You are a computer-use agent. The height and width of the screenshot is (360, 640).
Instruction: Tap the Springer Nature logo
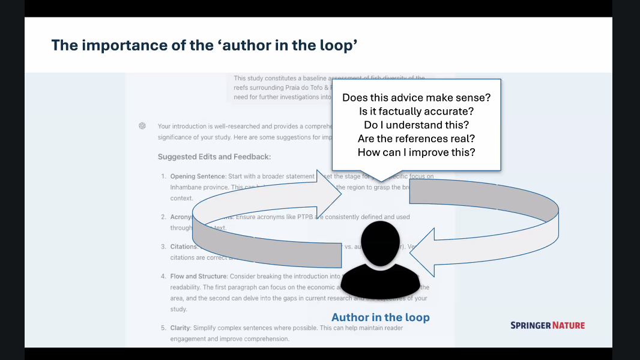pyautogui.click(x=547, y=325)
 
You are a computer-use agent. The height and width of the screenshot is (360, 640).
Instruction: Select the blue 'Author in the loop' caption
pyautogui.click(x=381, y=317)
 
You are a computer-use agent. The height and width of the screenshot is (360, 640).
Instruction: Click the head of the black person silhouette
pyautogui.click(x=381, y=242)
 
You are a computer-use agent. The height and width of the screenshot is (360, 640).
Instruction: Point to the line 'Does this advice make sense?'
pyautogui.click(x=416, y=97)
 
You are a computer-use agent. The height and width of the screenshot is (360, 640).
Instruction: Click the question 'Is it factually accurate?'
pyautogui.click(x=416, y=111)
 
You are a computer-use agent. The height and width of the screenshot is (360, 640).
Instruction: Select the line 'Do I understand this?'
pyautogui.click(x=416, y=125)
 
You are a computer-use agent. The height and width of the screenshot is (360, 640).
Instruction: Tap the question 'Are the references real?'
pyautogui.click(x=416, y=139)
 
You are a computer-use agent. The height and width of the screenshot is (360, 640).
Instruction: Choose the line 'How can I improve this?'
pyautogui.click(x=416, y=152)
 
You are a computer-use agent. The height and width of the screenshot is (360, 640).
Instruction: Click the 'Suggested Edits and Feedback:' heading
pyautogui.click(x=214, y=157)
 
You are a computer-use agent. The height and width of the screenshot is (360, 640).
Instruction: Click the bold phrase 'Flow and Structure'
pyautogui.click(x=198, y=277)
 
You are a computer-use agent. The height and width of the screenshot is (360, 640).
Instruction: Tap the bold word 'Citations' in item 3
pyautogui.click(x=184, y=247)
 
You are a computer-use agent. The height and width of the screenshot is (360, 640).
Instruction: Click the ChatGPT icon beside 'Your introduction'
pyautogui.click(x=142, y=126)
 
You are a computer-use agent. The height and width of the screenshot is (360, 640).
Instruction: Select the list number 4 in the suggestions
pyautogui.click(x=163, y=277)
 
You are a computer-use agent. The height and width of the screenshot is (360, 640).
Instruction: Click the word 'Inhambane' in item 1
pyautogui.click(x=187, y=187)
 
